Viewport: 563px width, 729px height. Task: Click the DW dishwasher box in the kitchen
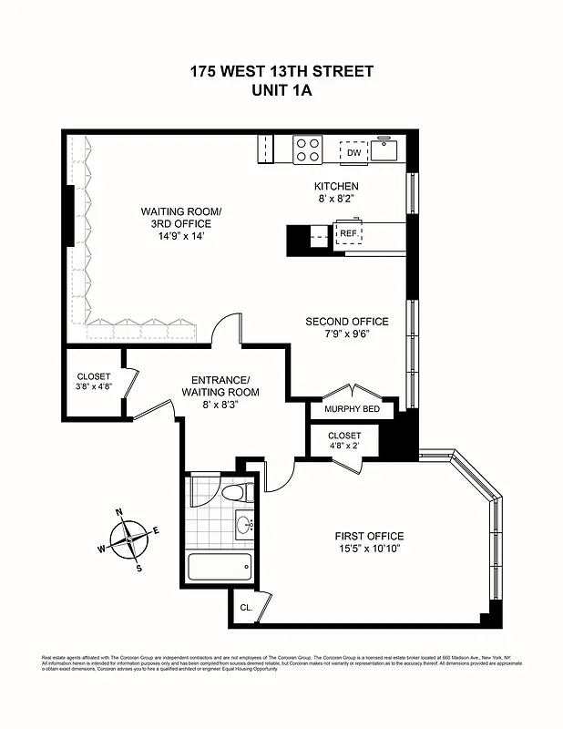coord(353,152)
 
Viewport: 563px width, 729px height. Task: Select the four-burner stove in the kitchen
coord(307,149)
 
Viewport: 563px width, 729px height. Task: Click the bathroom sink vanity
coord(244,525)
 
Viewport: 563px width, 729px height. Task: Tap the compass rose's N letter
coord(119,513)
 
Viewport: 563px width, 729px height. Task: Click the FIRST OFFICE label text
coord(368,536)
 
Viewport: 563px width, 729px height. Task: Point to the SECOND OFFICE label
coord(346,322)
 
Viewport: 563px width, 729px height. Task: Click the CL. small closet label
coord(246,608)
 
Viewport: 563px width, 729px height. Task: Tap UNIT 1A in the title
coord(281,90)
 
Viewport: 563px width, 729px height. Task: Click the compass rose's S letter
coord(139,570)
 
